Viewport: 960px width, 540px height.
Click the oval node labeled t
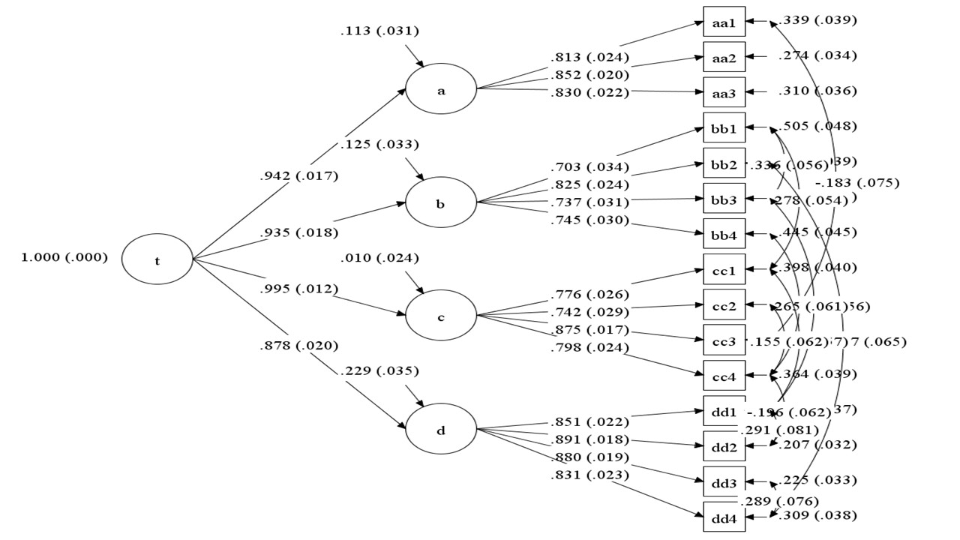tap(157, 261)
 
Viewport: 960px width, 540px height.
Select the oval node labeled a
tap(441, 90)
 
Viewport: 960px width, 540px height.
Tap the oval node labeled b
tap(441, 203)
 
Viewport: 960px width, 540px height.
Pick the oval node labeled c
tap(441, 316)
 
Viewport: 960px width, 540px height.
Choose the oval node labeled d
tap(441, 430)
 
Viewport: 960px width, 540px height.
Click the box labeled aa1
tap(724, 22)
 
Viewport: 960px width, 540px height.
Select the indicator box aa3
tap(724, 93)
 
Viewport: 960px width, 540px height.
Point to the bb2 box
tap(724, 163)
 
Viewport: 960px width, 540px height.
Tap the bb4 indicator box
tap(724, 235)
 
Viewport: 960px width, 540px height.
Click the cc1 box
tap(724, 270)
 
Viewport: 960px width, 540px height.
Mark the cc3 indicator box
tap(724, 340)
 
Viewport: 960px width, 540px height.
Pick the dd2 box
tap(724, 447)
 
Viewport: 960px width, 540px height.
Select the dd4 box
tap(724, 517)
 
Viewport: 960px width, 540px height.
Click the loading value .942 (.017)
tap(298, 177)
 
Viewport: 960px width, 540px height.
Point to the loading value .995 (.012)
tap(298, 289)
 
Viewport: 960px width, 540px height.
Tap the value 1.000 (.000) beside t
tap(64, 257)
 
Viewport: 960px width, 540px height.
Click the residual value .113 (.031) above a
tap(379, 31)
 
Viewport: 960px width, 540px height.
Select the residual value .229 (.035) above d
tap(379, 370)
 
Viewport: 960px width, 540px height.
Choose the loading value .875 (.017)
tap(589, 330)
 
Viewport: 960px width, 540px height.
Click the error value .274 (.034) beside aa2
tap(817, 55)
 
